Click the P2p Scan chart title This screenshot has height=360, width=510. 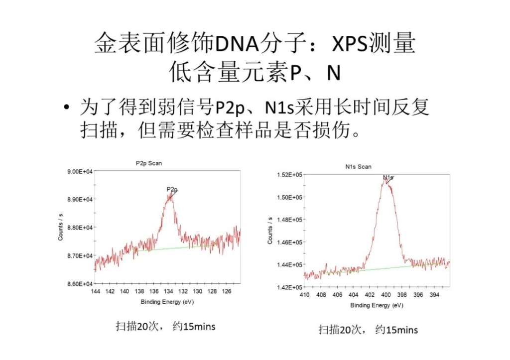click(148, 163)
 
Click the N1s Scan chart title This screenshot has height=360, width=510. click(359, 167)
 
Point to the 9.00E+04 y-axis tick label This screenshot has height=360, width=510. click(80, 172)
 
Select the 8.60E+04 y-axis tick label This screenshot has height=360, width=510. click(80, 284)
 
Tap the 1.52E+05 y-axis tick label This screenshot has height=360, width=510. click(289, 175)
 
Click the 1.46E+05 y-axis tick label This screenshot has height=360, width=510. click(289, 242)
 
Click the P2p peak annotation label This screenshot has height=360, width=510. click(172, 190)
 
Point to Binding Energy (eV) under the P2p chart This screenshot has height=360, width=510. click(167, 302)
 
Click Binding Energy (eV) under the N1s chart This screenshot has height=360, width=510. click(377, 305)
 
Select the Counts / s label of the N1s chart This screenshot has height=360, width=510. click(270, 231)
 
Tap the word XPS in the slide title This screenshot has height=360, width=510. click(343, 45)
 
